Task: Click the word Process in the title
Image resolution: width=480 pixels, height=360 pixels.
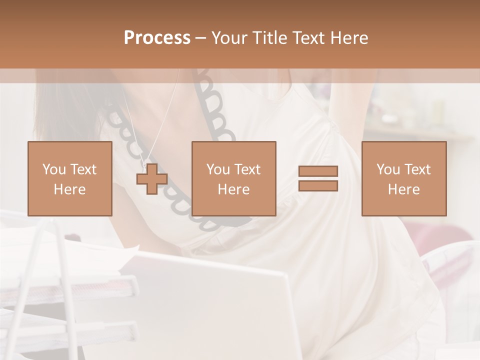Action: (x=157, y=38)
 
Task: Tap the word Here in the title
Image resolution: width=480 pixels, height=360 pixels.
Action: (x=347, y=38)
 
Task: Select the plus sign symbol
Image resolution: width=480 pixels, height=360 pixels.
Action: (x=152, y=178)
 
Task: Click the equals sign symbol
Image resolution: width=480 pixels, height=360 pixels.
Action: (x=318, y=178)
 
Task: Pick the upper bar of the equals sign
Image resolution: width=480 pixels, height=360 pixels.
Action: (x=318, y=171)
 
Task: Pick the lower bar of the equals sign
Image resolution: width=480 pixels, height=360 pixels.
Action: (x=318, y=185)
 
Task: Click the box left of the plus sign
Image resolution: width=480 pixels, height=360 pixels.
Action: (x=69, y=178)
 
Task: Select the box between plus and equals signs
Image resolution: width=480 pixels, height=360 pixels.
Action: (x=233, y=178)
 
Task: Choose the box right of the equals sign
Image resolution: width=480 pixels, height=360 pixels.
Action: (x=403, y=178)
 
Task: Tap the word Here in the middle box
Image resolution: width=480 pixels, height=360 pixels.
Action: (x=233, y=189)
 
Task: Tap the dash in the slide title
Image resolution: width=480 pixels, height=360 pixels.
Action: (x=200, y=38)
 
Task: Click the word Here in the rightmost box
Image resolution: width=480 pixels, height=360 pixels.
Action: (x=403, y=189)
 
